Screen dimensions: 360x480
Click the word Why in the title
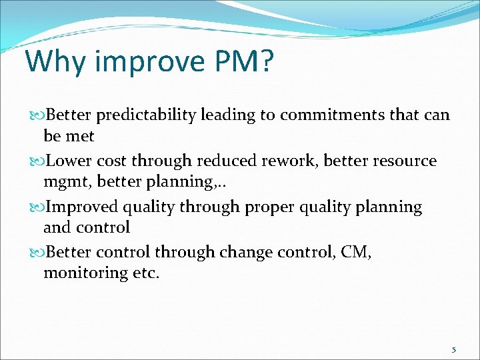56,61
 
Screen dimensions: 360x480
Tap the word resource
406,161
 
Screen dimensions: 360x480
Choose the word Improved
85,207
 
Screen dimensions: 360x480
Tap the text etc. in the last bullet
144,273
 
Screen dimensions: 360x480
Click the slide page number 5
454,349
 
